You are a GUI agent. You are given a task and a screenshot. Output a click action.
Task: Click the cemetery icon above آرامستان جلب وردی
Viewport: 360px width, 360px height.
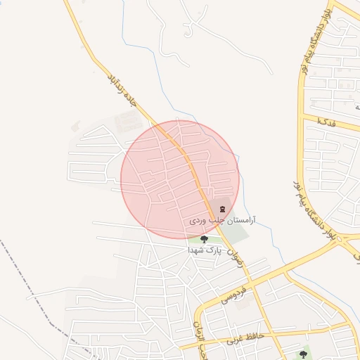pos(223,209)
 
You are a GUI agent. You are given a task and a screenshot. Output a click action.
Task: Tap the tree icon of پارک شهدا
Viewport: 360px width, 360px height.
pos(204,239)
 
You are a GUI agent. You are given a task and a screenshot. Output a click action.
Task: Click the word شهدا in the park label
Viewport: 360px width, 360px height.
pos(196,250)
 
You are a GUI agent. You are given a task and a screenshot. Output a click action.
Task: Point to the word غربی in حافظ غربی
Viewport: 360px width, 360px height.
pos(236,340)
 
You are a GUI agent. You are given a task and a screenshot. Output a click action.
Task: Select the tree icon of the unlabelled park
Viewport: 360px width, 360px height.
pos(303,354)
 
